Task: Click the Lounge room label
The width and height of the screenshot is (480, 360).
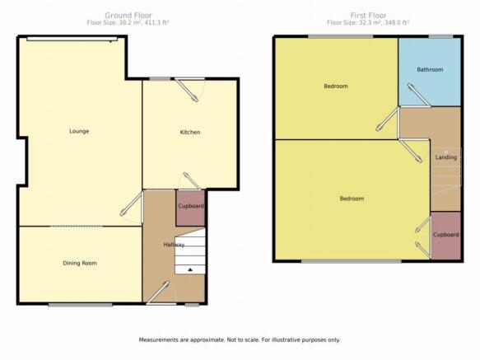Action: pyautogui.click(x=79, y=131)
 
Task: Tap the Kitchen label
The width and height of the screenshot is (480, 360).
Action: pyautogui.click(x=190, y=132)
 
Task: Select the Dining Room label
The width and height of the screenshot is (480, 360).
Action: pyautogui.click(x=80, y=263)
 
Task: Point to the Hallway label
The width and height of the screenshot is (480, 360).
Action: pyautogui.click(x=174, y=245)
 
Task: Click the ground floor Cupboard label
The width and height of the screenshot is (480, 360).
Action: pyautogui.click(x=191, y=206)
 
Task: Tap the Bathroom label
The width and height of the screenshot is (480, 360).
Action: pyautogui.click(x=430, y=69)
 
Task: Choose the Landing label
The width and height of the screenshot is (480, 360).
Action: pyautogui.click(x=446, y=157)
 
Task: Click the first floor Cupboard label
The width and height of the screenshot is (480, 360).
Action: pyautogui.click(x=445, y=235)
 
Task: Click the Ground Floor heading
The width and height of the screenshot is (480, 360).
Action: pyautogui.click(x=128, y=16)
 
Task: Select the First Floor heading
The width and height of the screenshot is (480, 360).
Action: pyautogui.click(x=368, y=16)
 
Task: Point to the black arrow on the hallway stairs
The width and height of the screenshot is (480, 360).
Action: pyautogui.click(x=190, y=269)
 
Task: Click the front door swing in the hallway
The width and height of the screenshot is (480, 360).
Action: pyautogui.click(x=158, y=292)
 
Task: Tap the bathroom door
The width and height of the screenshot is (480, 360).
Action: pyautogui.click(x=419, y=95)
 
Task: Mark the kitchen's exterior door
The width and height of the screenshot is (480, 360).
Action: pyautogui.click(x=187, y=90)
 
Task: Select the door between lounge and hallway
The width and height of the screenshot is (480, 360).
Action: pyautogui.click(x=132, y=203)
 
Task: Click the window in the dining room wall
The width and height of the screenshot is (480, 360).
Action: pyautogui.click(x=80, y=305)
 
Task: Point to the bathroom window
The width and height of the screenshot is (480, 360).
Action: pyautogui.click(x=440, y=36)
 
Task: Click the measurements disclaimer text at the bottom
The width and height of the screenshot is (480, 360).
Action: pyautogui.click(x=240, y=339)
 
